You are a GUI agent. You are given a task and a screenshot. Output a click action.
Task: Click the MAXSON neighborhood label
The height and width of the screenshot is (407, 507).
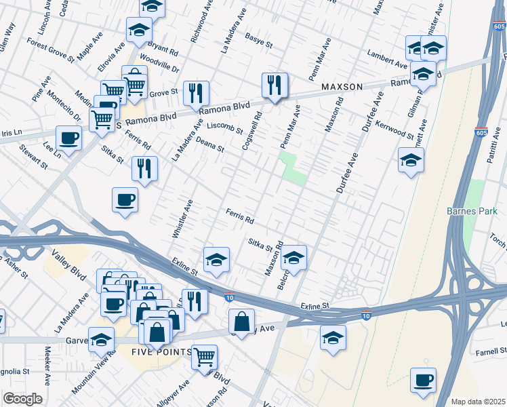coord(342,87)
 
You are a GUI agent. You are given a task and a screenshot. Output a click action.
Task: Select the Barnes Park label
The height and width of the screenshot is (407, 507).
coord(472,211)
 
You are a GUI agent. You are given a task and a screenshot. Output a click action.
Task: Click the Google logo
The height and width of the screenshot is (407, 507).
coord(22,399)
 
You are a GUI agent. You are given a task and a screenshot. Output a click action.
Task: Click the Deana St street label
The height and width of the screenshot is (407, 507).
coord(210,144)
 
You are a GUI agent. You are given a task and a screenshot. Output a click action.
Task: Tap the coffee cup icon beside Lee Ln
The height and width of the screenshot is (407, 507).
coord(68,139)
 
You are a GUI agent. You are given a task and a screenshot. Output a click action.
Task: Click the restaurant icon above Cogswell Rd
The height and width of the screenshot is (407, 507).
coord(275,85)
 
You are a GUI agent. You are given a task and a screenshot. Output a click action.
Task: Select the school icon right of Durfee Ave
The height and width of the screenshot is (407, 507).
coord(411,161)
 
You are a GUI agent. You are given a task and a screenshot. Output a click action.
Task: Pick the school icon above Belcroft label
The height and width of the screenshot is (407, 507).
coord(293,258)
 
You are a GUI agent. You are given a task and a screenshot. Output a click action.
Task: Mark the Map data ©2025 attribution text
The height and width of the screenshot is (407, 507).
coord(478,401)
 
